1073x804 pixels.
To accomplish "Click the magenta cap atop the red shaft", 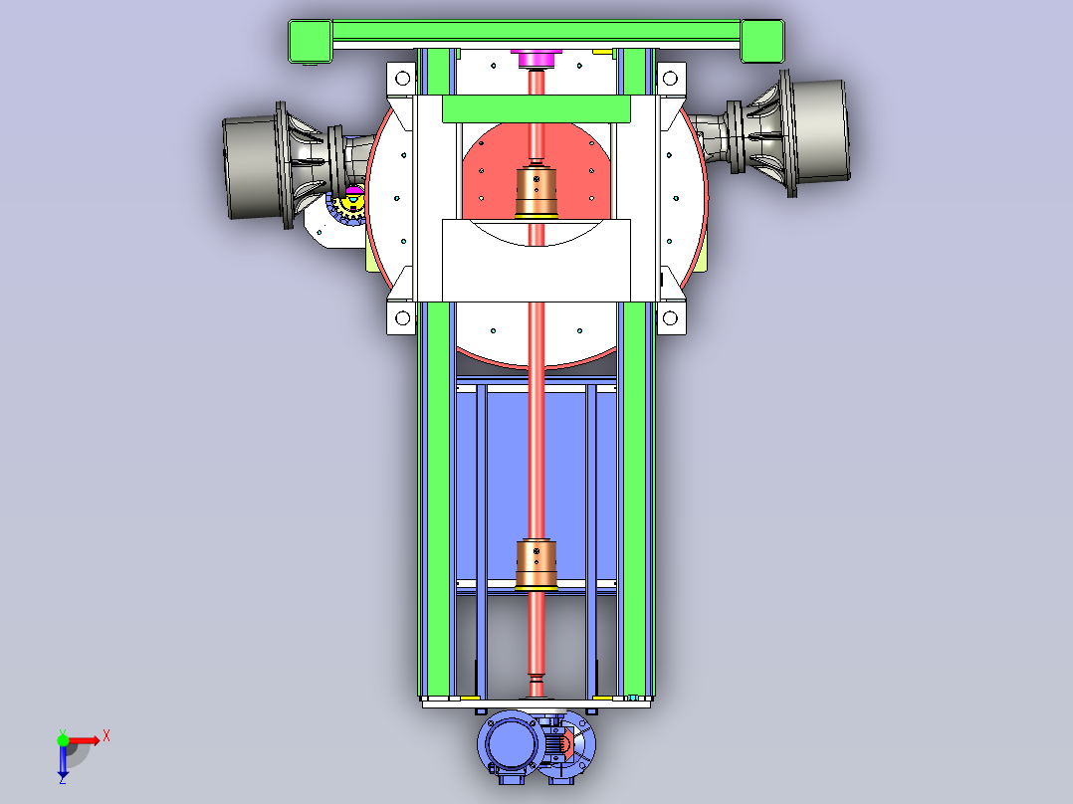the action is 536,59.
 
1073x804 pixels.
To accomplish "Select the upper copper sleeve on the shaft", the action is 536,192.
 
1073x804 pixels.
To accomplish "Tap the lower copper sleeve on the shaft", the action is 536,565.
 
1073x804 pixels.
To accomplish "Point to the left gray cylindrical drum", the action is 251,167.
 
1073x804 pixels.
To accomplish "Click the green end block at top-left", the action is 310,41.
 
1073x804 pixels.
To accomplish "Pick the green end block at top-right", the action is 762,41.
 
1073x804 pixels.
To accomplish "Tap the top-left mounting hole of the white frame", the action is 402,78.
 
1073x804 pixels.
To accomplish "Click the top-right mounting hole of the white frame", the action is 670,78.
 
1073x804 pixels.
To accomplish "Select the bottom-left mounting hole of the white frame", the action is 402,318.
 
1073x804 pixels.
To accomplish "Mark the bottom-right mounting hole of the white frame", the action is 670,318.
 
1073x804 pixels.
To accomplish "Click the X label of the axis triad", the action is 107,736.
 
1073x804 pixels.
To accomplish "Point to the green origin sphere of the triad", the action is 63,740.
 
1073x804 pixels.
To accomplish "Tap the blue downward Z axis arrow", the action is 63,761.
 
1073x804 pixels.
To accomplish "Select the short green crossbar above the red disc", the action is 536,109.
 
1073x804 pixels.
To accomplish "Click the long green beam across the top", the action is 536,31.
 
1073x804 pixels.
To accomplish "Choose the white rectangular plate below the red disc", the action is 536,261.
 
